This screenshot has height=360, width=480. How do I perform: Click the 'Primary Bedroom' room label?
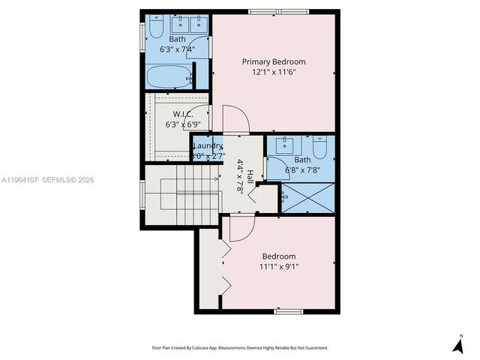(x=273, y=61)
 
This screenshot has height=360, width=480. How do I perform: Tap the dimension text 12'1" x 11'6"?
(x=273, y=73)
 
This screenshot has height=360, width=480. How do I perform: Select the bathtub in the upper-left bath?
(x=168, y=76)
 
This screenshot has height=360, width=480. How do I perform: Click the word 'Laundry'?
(x=208, y=145)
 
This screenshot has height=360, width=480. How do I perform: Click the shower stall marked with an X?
(x=306, y=196)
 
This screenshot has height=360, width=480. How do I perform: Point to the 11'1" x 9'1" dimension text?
(x=277, y=266)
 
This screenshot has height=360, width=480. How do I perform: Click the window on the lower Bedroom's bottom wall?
(x=288, y=310)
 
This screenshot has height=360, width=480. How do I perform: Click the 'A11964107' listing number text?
(x=21, y=180)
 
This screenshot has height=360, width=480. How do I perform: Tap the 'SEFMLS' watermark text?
(x=57, y=180)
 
